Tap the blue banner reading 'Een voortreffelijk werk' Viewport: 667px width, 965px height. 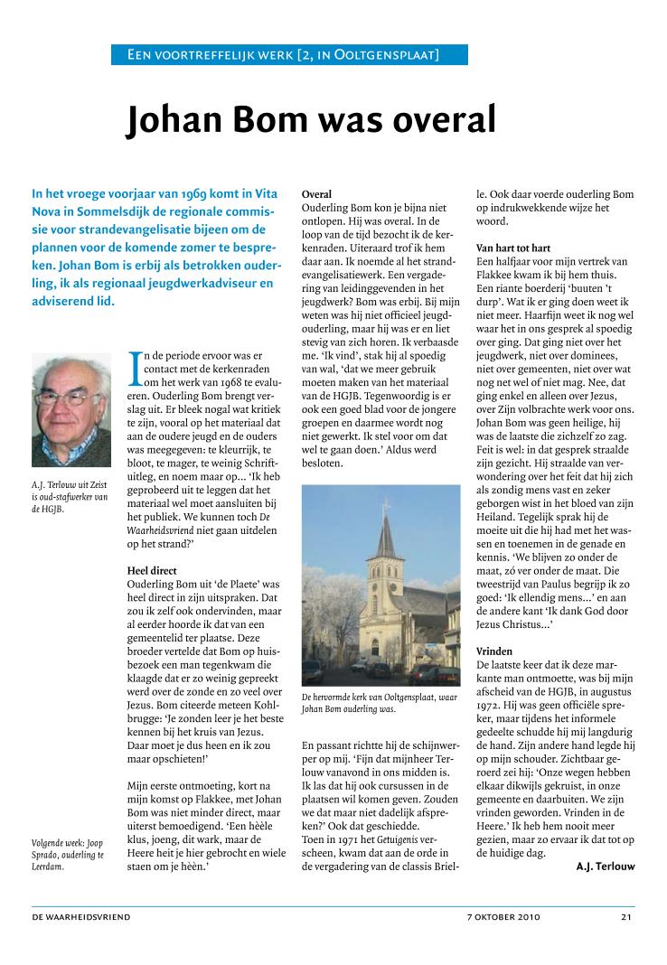(289, 56)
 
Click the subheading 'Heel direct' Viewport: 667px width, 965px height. (152, 571)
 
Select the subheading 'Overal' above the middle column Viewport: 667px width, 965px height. (316, 194)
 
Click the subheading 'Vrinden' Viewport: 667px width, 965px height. (494, 651)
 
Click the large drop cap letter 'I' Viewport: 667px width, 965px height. (135, 366)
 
